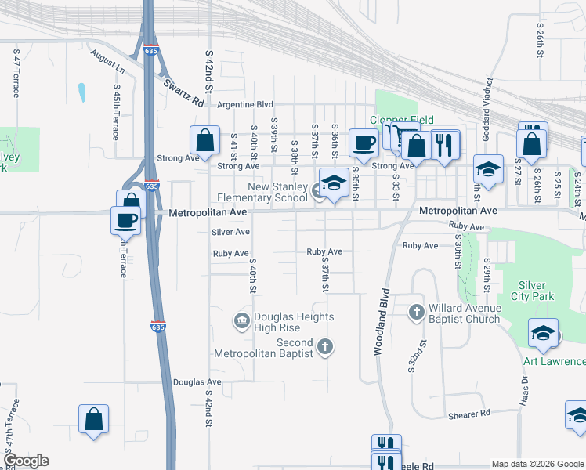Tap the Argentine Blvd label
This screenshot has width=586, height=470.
[x=245, y=104]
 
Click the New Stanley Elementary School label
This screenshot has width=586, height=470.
[x=266, y=193]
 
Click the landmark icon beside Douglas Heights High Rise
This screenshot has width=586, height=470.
[x=241, y=320]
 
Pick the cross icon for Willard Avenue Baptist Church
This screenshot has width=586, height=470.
[x=417, y=312]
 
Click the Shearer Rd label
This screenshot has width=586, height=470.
[x=469, y=413]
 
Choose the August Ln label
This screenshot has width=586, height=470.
[x=107, y=62]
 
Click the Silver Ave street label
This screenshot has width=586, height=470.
[x=230, y=232]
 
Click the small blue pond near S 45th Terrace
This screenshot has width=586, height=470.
[x=81, y=93]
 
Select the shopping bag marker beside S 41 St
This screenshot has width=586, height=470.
[x=204, y=141]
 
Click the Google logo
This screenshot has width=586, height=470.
[x=25, y=461]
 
